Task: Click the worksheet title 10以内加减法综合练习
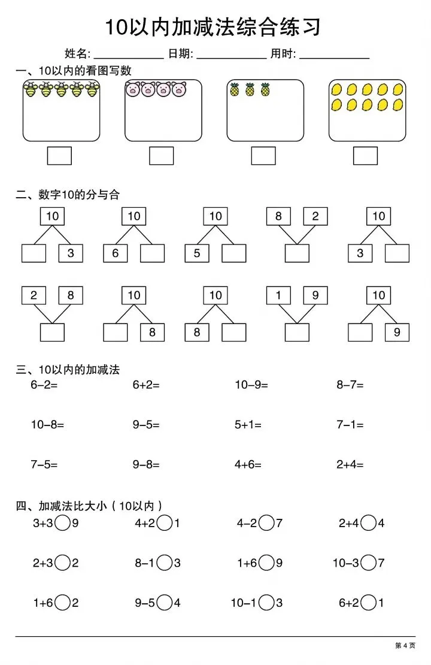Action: point(214,28)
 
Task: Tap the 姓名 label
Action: point(77,54)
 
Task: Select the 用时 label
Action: point(283,54)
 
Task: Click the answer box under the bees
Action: point(59,156)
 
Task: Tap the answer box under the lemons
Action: point(365,156)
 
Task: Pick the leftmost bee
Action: point(31,90)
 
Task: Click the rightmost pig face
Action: point(179,89)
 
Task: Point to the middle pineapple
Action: point(250,90)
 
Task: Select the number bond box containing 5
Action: point(197,253)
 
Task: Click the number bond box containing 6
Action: point(116,253)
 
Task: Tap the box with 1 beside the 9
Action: point(278,295)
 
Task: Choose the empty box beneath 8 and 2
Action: point(297,253)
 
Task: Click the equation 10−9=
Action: point(251,385)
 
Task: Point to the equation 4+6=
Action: point(248,464)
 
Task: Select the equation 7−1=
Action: point(350,425)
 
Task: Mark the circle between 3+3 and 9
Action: point(62,523)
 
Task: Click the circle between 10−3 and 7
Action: point(369,563)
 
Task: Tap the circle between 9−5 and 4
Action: point(165,602)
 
